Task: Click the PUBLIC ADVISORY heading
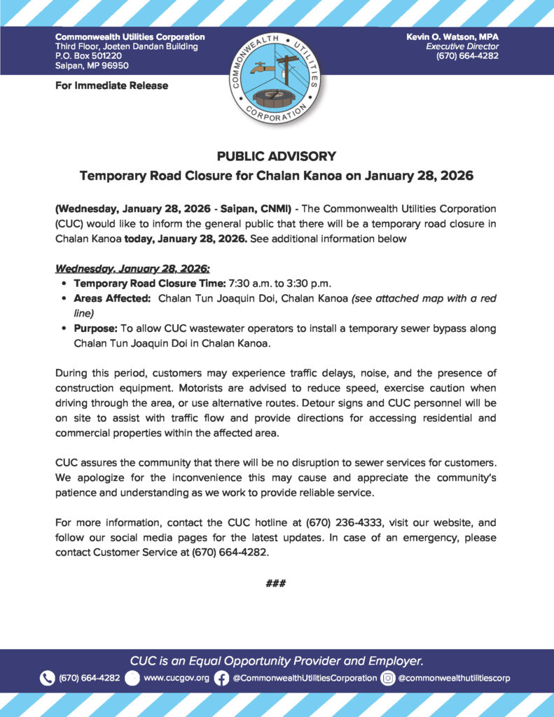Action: [x=277, y=156]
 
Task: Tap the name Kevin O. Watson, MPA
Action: [x=452, y=36]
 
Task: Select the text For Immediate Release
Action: [x=111, y=85]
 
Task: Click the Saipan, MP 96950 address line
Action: [x=92, y=66]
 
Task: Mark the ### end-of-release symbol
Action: [x=276, y=583]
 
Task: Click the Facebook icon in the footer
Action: [x=221, y=678]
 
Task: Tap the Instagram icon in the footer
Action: [x=387, y=678]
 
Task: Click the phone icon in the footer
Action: [x=48, y=678]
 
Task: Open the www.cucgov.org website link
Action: [x=176, y=678]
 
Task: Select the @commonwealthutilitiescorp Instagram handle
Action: [x=454, y=678]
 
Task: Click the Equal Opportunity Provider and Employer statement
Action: [x=277, y=660]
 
